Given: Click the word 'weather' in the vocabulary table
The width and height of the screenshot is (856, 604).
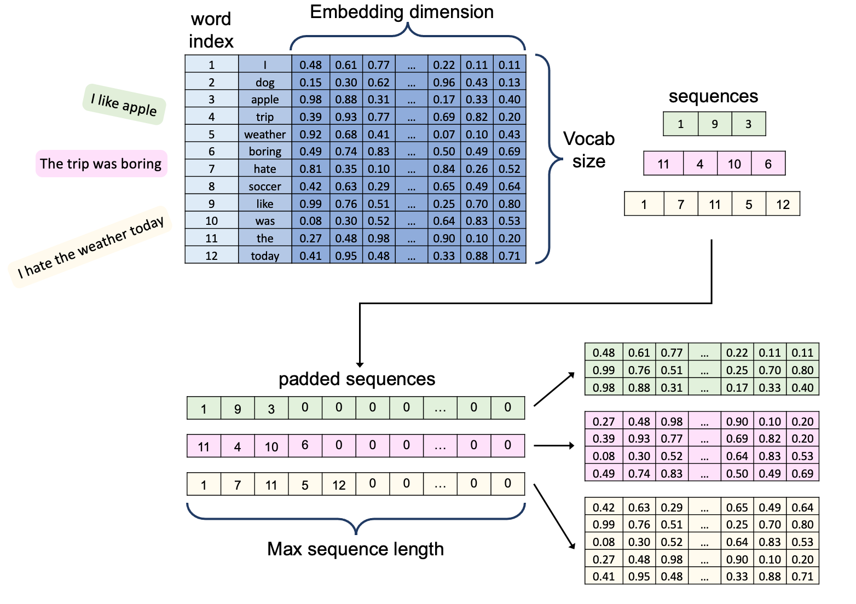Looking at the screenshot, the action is pyautogui.click(x=265, y=135).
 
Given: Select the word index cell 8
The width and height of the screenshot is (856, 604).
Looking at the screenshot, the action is pyautogui.click(x=211, y=187).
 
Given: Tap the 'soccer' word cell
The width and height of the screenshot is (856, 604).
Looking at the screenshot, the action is pyautogui.click(x=265, y=187).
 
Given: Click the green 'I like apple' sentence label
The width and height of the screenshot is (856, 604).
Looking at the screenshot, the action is pyautogui.click(x=124, y=104).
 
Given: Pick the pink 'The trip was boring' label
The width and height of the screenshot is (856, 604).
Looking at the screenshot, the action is pyautogui.click(x=101, y=164).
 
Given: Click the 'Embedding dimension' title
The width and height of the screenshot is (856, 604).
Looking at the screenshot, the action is pyautogui.click(x=402, y=12).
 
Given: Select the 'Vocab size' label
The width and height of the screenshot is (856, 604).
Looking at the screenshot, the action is pyautogui.click(x=588, y=150).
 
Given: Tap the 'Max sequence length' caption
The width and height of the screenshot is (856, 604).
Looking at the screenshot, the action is pyautogui.click(x=355, y=549).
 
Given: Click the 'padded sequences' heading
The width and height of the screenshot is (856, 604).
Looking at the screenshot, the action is pyautogui.click(x=356, y=379).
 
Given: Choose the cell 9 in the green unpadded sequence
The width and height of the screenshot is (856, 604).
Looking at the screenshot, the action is pyautogui.click(x=715, y=124).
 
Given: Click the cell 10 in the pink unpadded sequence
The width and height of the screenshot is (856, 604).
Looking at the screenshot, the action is pyautogui.click(x=734, y=164).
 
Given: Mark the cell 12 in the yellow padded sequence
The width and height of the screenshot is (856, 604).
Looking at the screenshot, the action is pyautogui.click(x=339, y=484).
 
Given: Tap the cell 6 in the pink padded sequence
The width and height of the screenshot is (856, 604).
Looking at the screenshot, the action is pyautogui.click(x=305, y=445).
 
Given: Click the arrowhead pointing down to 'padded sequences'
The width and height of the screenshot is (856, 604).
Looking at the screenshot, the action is pyautogui.click(x=360, y=365).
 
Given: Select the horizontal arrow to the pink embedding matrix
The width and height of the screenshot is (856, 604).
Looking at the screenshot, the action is pyautogui.click(x=554, y=445).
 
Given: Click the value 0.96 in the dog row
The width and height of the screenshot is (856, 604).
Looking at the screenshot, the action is pyautogui.click(x=444, y=82).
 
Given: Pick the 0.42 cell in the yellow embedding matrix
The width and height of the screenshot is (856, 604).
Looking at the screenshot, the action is pyautogui.click(x=603, y=507).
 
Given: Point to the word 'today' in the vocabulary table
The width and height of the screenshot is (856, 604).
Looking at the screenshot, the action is pyautogui.click(x=265, y=255).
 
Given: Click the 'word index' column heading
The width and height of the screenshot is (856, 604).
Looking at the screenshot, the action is pyautogui.click(x=211, y=30).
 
